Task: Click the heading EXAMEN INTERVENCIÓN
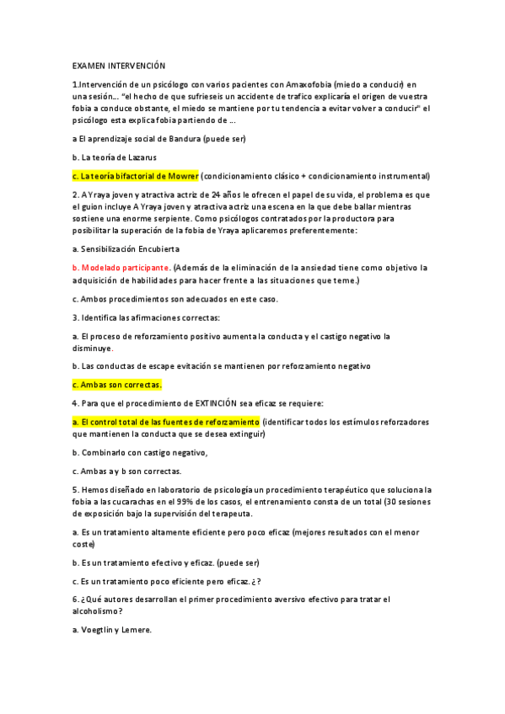[119, 66]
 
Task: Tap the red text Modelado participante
[119, 268]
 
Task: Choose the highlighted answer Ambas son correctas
[116, 385]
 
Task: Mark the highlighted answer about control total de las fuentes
[166, 422]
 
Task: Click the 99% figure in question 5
[198, 502]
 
